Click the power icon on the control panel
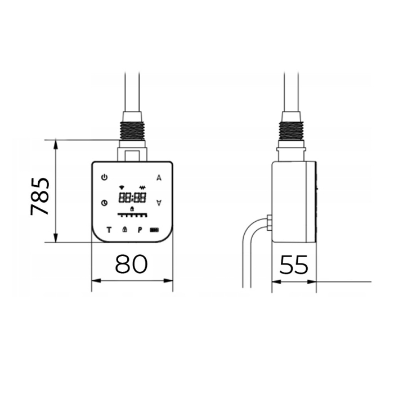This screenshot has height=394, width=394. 104,178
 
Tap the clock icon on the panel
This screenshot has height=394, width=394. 104,203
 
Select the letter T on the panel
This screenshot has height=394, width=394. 109,230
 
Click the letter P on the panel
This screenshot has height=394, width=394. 139,230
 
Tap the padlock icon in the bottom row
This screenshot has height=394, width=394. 124,230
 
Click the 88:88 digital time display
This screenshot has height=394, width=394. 132,198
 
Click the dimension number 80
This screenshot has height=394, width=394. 132,264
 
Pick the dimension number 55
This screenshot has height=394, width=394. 294,264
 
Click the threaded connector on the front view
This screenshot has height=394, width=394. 132,129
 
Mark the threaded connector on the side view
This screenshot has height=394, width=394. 292,129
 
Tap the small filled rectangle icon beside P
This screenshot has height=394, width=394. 154,230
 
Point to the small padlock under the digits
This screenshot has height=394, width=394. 132,209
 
